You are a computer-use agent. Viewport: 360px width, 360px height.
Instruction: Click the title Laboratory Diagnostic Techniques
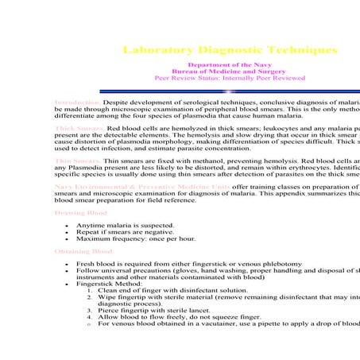230,50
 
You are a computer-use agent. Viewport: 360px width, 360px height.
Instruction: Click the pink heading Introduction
77,103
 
